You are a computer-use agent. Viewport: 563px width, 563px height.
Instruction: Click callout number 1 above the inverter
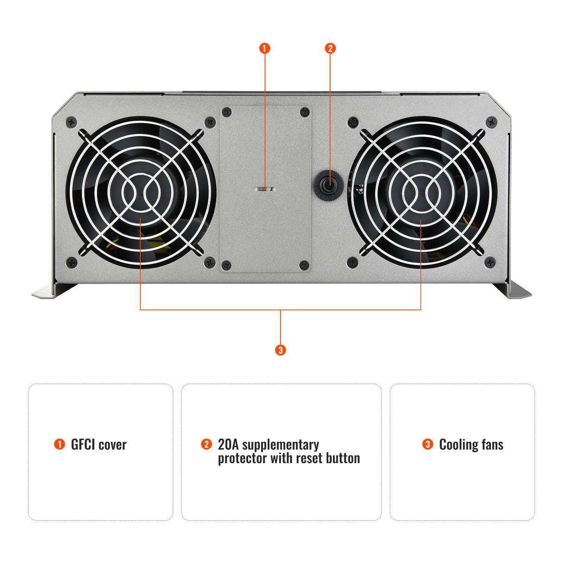click(265, 48)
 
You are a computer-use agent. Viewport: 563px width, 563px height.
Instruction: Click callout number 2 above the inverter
click(330, 48)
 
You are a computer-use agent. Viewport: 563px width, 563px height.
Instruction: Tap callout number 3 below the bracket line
click(280, 350)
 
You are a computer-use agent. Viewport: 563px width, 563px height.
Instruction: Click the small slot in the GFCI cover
click(265, 189)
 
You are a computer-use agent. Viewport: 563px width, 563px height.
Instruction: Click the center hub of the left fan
click(141, 192)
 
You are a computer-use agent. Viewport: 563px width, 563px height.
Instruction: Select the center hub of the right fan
click(421, 192)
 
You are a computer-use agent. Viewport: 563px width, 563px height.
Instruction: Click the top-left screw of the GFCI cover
click(227, 112)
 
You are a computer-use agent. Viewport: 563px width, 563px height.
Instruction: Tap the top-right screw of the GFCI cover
click(305, 112)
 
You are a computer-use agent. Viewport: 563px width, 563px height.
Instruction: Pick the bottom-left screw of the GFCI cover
click(227, 265)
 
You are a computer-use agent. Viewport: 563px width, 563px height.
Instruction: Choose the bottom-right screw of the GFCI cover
click(305, 265)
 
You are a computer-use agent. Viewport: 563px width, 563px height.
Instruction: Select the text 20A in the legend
click(228, 445)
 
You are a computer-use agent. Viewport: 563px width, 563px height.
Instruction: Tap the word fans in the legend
click(492, 445)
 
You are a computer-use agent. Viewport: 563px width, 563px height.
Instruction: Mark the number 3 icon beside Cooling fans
click(428, 444)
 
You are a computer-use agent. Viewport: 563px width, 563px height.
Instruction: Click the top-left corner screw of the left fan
click(71, 122)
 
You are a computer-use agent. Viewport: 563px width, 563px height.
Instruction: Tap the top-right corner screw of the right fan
click(491, 122)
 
